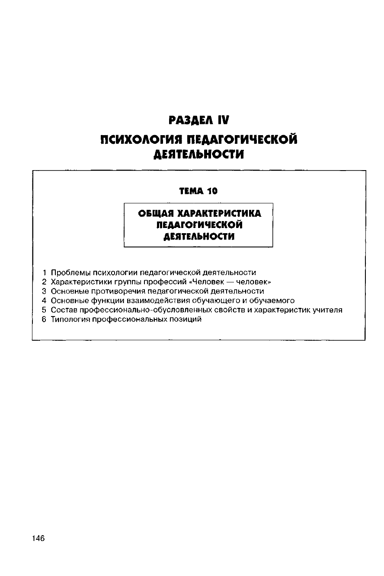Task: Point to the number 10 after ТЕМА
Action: (212, 190)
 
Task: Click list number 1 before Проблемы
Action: (45, 272)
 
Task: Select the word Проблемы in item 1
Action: (67, 272)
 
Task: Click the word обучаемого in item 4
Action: (272, 301)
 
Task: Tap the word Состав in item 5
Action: (64, 310)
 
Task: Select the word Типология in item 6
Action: (70, 320)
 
